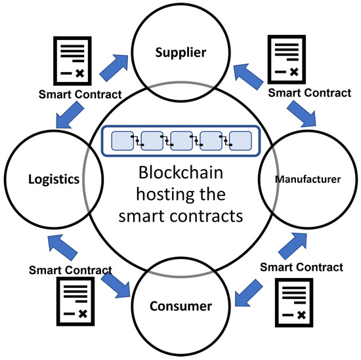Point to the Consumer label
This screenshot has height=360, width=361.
(181, 306)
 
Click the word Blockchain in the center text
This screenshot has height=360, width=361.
(180, 174)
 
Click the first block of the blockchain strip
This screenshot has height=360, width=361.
(122, 141)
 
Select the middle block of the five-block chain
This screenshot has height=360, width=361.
(181, 141)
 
